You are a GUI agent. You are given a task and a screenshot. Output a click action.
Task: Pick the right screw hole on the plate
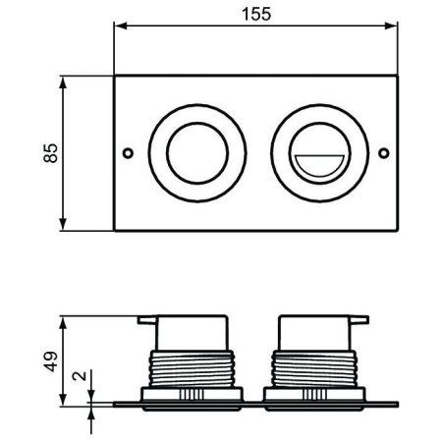[384, 153]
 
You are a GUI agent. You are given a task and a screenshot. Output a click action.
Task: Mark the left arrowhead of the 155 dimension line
[119, 30]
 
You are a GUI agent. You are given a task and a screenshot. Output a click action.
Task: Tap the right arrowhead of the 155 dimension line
[394, 30]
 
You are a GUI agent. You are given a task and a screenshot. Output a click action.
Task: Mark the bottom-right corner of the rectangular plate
[398, 232]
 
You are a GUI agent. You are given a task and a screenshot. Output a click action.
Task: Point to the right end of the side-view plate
[397, 402]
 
